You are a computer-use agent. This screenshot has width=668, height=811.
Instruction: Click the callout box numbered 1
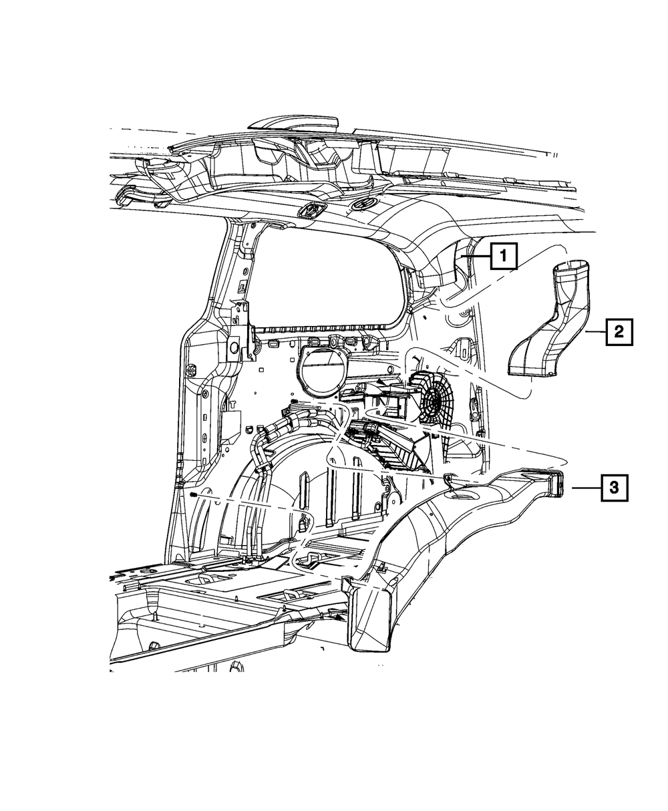tap(504, 256)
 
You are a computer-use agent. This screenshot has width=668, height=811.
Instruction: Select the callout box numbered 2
tap(619, 331)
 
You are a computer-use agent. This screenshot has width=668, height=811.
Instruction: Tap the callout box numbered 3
tap(614, 488)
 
